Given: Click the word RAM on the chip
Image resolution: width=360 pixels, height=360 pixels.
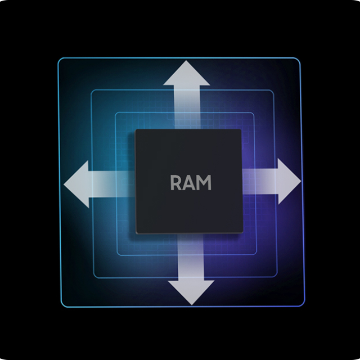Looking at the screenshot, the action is pos(191,182).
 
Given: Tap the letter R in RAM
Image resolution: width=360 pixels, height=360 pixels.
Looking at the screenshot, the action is pos(176,182).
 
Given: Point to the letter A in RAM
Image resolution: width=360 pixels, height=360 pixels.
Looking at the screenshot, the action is pos(189,182).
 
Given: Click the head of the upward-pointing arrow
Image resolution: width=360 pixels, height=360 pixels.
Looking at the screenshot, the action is pos(186,73).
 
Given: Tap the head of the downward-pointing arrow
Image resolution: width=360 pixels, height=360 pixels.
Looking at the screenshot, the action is pos(191,292).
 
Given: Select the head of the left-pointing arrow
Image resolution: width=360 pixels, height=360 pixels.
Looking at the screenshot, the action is pos(76,184).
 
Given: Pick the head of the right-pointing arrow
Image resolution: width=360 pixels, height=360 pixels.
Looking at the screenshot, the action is pos(289,181).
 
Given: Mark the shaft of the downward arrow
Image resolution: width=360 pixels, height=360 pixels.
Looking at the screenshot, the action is pos(191,256).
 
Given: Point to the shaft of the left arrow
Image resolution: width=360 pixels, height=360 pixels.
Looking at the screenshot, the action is pos(112,184).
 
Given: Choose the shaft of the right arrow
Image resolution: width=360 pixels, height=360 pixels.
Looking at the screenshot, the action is pos(260,181).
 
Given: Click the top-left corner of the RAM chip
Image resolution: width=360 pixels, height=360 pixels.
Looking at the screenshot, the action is pos(135,129).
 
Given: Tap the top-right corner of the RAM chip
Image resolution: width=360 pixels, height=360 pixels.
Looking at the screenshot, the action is pos(241,129).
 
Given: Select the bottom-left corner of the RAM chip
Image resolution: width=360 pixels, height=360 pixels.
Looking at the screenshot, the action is pos(137,233).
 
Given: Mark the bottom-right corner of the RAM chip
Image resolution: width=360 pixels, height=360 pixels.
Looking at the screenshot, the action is pos(242,233).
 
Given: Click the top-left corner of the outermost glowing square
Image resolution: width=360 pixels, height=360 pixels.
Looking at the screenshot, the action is pos(58,58).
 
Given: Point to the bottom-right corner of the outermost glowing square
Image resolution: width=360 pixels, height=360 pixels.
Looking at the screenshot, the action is pos(304,305).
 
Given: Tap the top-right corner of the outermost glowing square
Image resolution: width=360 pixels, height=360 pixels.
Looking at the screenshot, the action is pos(300,58).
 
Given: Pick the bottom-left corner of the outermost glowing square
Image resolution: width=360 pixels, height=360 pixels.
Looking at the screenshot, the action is pos(61,307).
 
